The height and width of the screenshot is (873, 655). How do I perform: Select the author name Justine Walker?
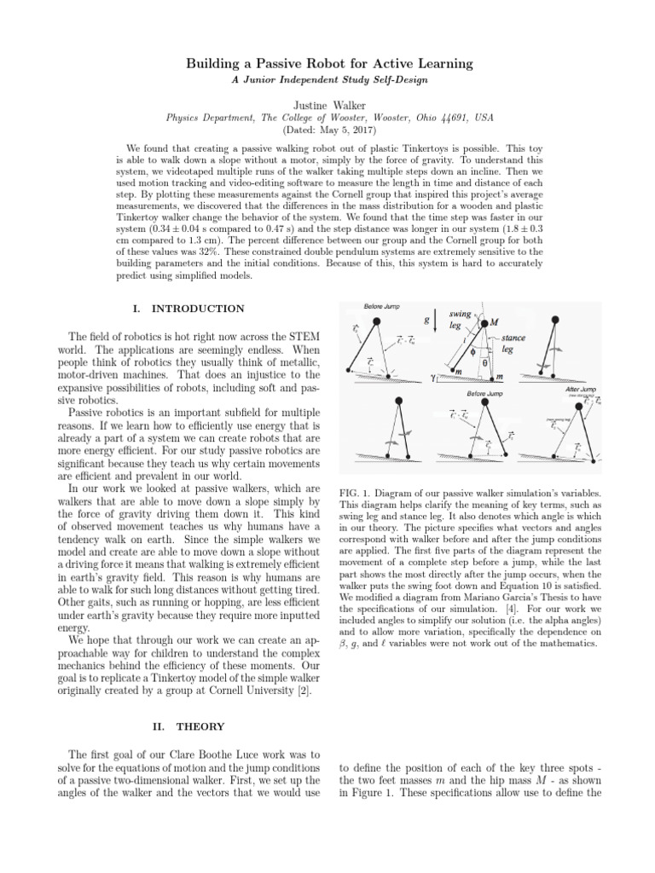click(327, 103)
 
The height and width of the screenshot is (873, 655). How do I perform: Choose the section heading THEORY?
click(200, 726)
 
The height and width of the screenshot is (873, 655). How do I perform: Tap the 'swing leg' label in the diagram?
click(461, 320)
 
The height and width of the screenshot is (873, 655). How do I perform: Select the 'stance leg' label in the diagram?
click(513, 344)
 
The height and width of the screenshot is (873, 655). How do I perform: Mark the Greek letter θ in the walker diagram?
click(485, 361)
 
